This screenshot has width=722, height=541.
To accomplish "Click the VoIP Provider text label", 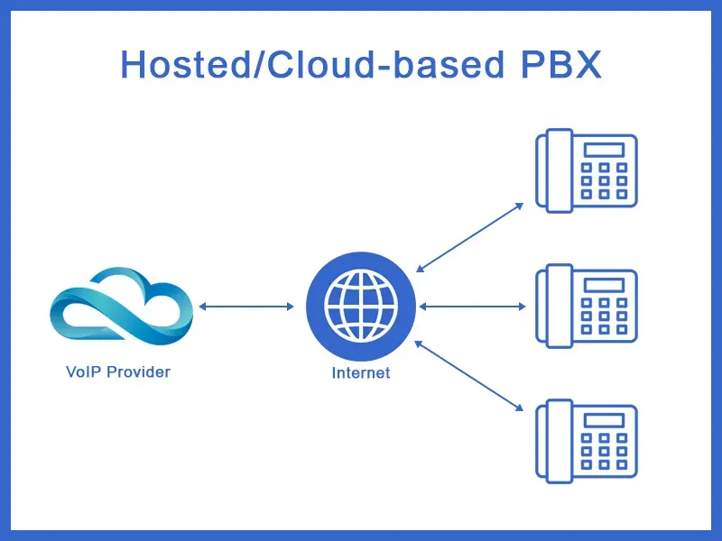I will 118,371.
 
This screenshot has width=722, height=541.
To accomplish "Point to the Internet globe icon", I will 361,307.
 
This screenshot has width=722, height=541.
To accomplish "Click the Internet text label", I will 361,372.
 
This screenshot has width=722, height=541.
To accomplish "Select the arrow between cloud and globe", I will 246,307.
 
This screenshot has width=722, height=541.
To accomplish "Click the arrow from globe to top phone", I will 470,237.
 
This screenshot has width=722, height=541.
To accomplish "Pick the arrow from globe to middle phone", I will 472,307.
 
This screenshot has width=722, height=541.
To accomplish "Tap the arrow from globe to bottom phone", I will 470,376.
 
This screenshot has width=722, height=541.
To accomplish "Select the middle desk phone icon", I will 587,305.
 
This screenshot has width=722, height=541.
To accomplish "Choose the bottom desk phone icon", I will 587,439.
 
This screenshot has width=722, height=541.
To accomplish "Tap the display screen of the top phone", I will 604,150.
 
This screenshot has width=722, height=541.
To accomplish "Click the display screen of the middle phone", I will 604,285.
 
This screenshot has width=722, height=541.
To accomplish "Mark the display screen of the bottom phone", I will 604,419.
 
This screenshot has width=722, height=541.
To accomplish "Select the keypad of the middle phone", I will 604,316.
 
